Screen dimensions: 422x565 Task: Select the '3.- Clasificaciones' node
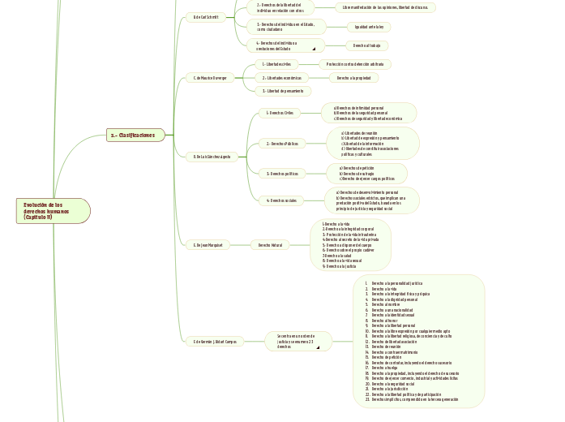(135, 135)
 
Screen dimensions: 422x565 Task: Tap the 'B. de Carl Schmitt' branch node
(204, 16)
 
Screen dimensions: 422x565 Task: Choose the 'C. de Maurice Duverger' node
(209, 78)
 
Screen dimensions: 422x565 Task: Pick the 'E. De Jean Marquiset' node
(208, 244)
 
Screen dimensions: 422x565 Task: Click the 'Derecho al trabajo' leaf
(366, 45)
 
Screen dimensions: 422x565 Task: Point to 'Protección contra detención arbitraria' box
(356, 63)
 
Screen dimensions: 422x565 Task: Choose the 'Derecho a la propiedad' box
(353, 78)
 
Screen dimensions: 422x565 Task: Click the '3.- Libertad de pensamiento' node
(283, 91)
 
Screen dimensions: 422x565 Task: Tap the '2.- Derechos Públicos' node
(281, 144)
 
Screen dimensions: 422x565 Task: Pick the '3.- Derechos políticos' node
(281, 173)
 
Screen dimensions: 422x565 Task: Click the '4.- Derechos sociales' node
(281, 200)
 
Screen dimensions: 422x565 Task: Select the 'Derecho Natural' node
(270, 244)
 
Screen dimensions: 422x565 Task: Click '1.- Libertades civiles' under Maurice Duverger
(277, 63)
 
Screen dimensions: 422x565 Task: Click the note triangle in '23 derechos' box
(319, 347)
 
